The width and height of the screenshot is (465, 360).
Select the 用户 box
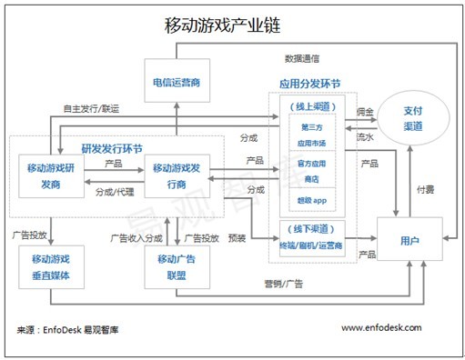(x=409, y=242)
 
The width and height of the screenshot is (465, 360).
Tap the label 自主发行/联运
(x=90, y=107)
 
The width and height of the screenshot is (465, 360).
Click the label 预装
(x=238, y=239)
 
